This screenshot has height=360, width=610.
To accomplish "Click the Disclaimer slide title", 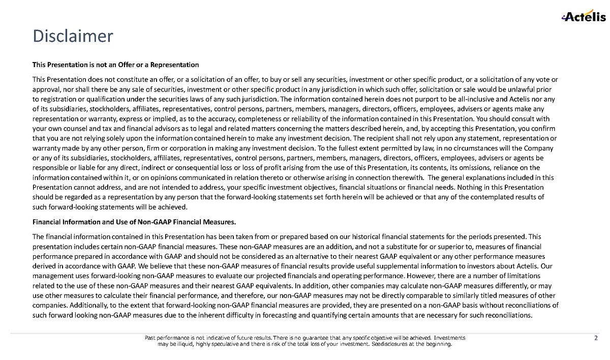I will pyautogui.click(x=73, y=36).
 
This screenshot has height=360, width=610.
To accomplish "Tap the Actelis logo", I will pyautogui.click(x=583, y=17).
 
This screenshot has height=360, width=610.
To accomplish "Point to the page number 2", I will pyautogui.click(x=596, y=338).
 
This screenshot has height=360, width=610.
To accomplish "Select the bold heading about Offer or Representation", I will pyautogui.click(x=115, y=65).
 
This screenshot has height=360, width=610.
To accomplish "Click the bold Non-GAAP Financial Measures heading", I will pyautogui.click(x=134, y=222).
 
